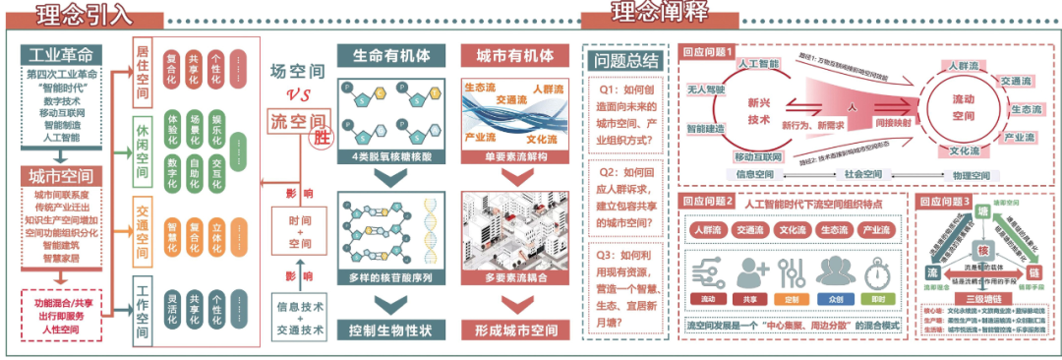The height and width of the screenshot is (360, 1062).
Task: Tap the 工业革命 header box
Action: tap(62, 53)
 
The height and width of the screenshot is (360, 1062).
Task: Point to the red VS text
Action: tap(298, 94)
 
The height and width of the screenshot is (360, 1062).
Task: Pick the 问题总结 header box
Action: tap(625, 61)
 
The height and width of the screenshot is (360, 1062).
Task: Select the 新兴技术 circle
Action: tap(759, 110)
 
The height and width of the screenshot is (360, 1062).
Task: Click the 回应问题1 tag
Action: tap(709, 54)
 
